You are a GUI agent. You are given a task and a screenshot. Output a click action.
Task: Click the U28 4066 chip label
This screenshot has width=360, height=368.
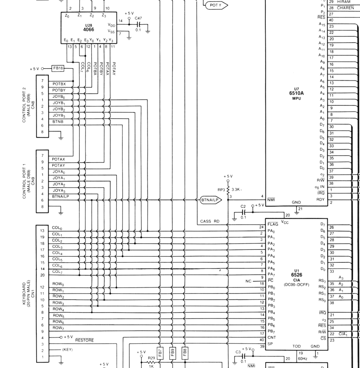[89, 28]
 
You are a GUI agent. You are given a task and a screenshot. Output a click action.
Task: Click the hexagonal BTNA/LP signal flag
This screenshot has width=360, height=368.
[209, 200]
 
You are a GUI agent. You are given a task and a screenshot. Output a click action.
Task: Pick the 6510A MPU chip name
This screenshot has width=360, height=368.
[296, 93]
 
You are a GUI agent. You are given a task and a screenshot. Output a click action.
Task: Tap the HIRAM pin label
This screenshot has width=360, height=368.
[343, 2]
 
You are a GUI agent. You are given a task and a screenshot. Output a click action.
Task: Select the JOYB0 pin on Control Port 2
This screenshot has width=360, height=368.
[59, 97]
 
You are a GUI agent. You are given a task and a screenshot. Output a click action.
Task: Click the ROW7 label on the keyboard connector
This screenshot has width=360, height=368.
[58, 328]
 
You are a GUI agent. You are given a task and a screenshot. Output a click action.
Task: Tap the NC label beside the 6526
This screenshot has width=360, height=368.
[248, 281]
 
